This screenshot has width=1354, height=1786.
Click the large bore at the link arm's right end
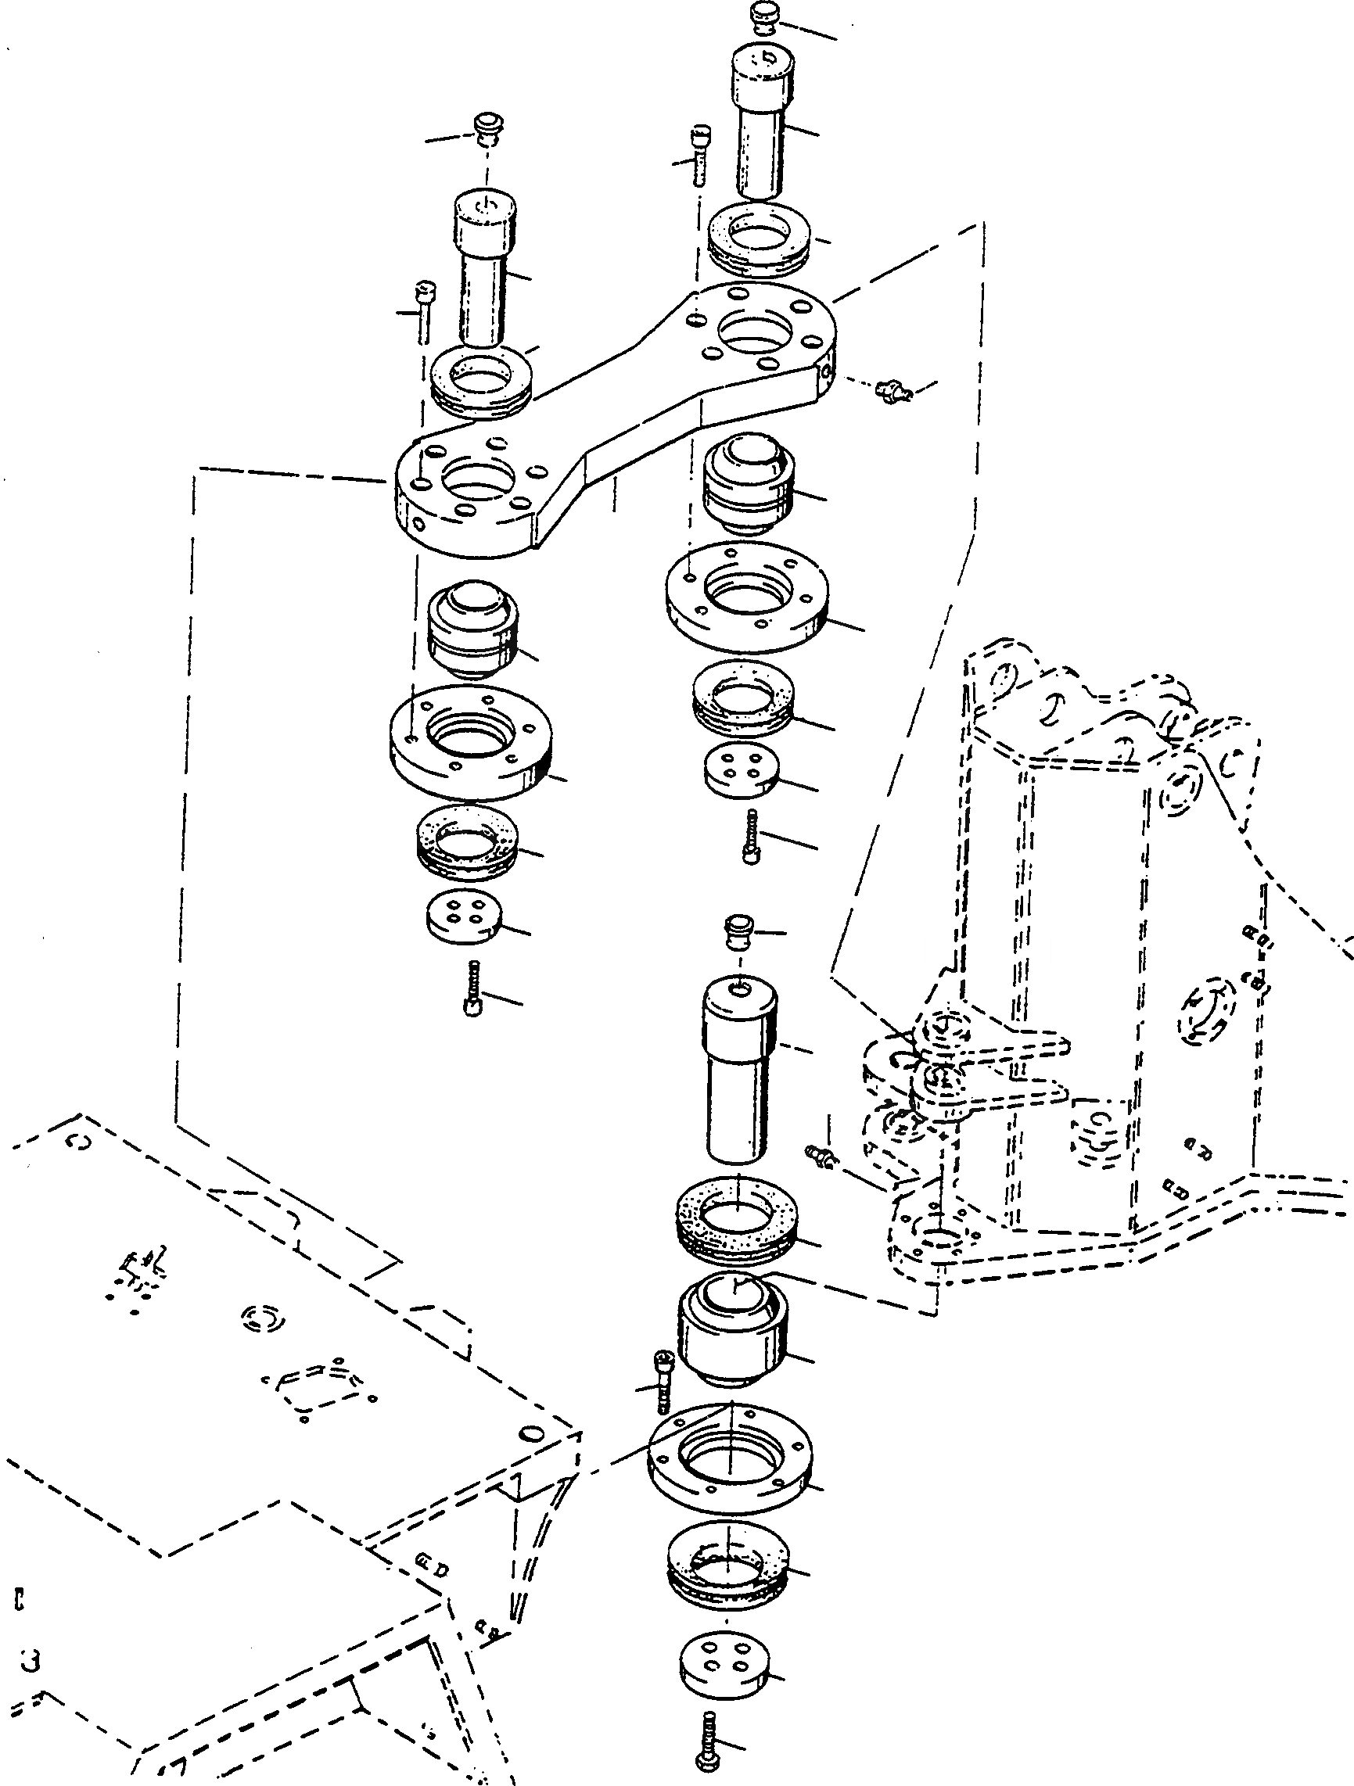[x=757, y=332]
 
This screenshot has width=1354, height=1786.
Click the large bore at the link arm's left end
[x=476, y=482]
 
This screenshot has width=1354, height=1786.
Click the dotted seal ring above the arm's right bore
[x=756, y=235]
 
